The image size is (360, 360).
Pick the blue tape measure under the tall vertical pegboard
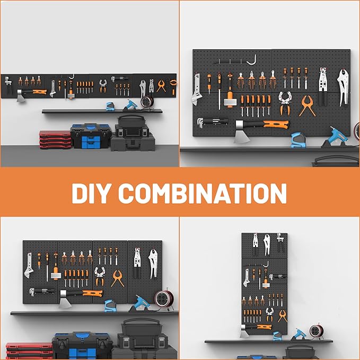click(276, 335)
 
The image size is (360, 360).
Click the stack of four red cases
click(55, 141)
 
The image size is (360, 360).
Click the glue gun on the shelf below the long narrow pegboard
click(129, 104)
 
